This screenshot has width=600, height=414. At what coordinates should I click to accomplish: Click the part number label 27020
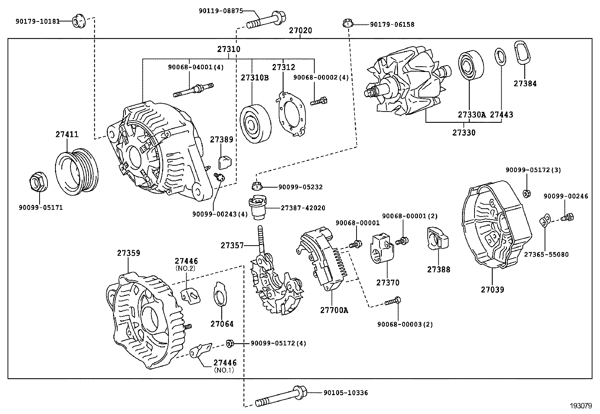[300, 31]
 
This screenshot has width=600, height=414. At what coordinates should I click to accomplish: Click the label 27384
[525, 84]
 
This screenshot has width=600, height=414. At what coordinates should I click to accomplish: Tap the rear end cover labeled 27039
[496, 224]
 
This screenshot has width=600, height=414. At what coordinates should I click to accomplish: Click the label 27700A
[334, 310]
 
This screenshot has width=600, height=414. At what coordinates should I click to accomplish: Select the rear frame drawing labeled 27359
[145, 320]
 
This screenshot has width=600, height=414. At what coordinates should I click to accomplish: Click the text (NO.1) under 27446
[224, 370]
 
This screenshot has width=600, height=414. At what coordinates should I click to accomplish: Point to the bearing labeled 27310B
[255, 122]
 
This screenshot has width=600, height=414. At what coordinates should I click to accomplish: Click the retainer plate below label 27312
[290, 112]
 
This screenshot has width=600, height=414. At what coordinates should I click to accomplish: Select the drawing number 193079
[580, 406]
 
